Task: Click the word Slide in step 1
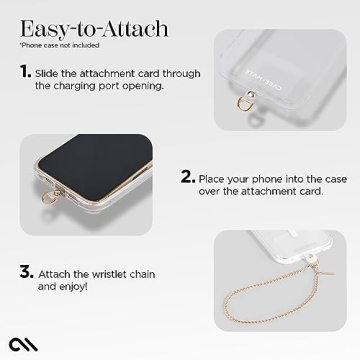click(x=50, y=73)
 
